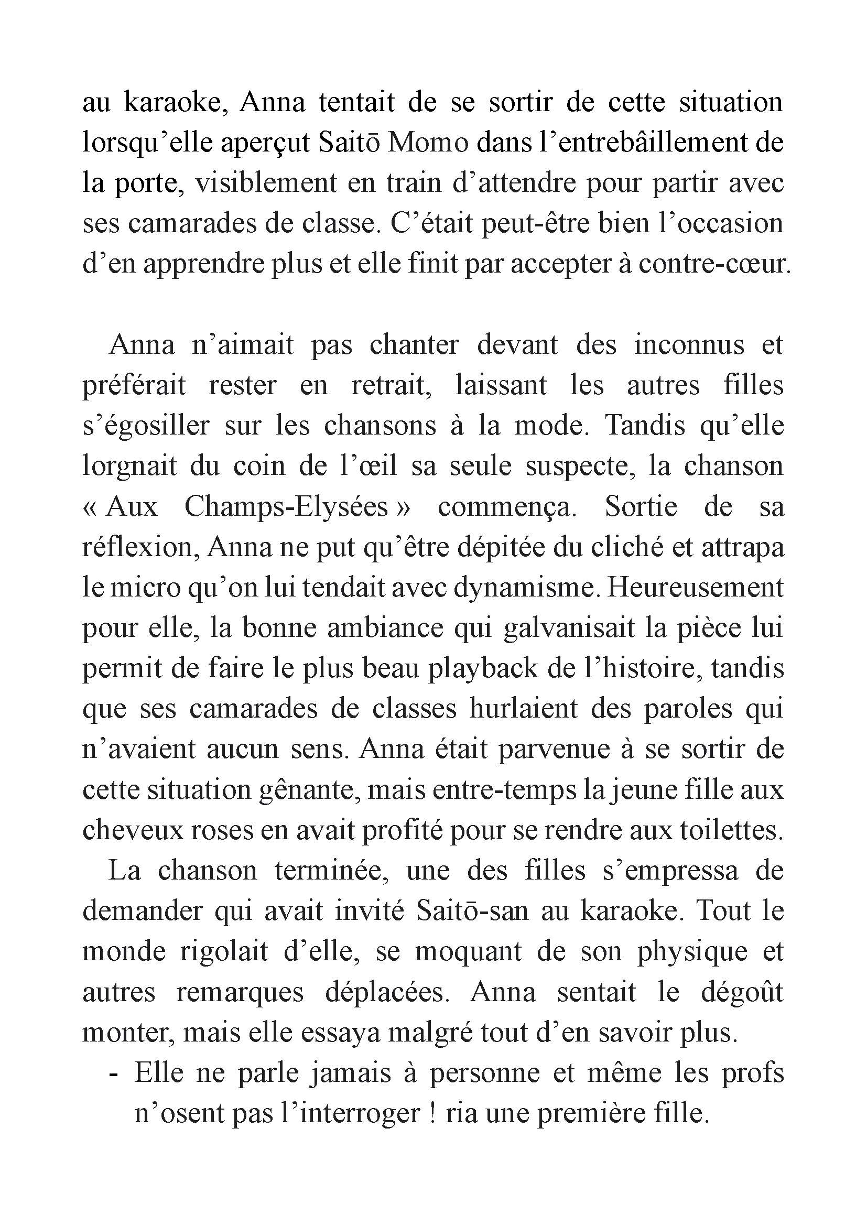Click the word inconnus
(x=689, y=345)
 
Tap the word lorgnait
(x=129, y=466)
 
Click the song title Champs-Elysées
(x=286, y=507)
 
